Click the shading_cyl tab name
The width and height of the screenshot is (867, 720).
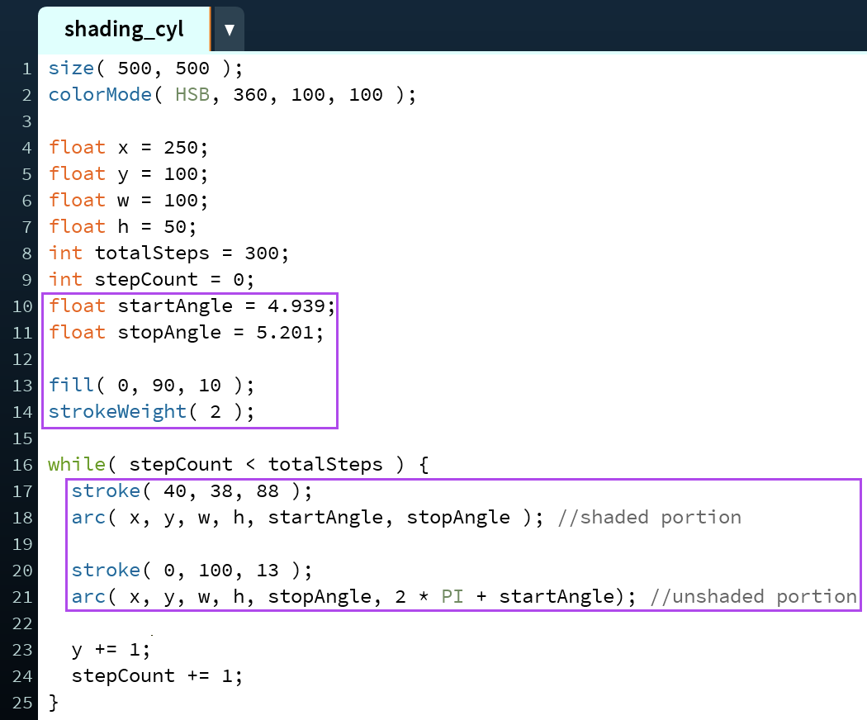[x=124, y=29]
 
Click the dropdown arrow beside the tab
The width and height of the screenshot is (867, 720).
[x=230, y=30]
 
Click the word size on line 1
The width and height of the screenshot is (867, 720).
[x=71, y=68]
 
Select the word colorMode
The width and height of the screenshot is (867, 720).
[x=100, y=95]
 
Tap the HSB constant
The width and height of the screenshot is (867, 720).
[x=192, y=95]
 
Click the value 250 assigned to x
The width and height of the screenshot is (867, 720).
[x=181, y=148]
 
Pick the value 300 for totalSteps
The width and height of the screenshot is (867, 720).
[x=262, y=253]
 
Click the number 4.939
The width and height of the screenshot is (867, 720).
[x=296, y=306]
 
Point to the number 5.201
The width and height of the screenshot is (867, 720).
[x=285, y=333]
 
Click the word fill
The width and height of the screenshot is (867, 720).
[x=71, y=385]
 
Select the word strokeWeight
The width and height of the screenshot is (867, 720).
[x=118, y=412]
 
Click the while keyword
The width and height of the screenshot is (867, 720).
[x=77, y=464]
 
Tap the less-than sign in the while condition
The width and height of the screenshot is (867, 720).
[x=250, y=465]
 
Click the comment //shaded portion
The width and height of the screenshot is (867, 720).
[x=650, y=517]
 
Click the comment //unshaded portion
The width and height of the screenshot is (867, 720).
[x=754, y=596]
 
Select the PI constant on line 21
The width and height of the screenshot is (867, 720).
[x=452, y=596]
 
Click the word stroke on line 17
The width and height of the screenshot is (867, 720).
[x=107, y=490]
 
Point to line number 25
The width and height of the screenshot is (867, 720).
[x=22, y=703]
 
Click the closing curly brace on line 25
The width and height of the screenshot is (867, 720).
[x=54, y=703]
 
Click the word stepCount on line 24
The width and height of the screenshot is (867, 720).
[x=123, y=675]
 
